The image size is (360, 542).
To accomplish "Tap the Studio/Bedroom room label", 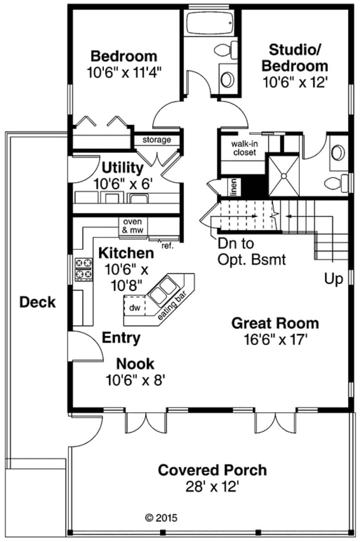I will (295, 57).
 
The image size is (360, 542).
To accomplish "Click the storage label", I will (157, 140).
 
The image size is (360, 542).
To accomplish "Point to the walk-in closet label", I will (243, 149).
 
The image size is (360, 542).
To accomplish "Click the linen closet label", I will (233, 187).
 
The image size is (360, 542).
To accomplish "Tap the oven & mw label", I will (132, 226).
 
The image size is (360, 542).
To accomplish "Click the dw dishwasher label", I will (134, 307).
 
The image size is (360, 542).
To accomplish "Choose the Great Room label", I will (275, 323).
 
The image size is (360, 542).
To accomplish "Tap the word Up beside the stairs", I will (333, 279).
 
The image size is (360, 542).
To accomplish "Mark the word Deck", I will (38, 303).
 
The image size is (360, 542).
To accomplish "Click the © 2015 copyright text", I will (162, 518).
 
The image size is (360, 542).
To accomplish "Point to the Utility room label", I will (123, 168).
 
